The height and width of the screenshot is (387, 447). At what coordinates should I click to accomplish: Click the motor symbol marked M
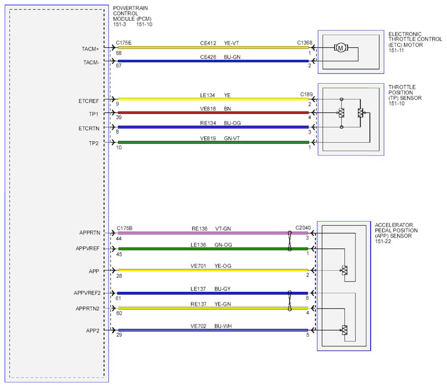(341, 48)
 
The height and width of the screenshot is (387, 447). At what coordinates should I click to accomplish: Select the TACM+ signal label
(90, 49)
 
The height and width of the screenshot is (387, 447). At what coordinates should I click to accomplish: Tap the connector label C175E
(124, 43)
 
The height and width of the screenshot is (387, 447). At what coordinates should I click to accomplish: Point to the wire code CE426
(208, 57)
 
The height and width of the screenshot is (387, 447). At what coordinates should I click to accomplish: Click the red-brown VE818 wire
(213, 113)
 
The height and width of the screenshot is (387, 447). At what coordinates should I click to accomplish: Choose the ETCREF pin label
(89, 101)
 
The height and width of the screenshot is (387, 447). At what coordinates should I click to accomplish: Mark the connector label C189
(306, 94)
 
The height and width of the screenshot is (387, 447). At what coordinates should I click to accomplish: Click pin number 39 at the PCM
(119, 117)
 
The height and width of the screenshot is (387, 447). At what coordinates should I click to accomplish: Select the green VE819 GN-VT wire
(213, 142)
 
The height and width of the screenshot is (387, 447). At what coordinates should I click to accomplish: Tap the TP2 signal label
(93, 143)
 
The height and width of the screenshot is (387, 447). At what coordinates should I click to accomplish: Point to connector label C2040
(303, 228)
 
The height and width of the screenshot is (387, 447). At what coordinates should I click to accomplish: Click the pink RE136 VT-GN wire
(213, 233)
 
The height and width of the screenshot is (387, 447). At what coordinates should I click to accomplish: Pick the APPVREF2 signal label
(87, 293)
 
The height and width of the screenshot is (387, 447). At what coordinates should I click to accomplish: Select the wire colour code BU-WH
(223, 326)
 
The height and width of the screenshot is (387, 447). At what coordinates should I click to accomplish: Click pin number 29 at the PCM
(119, 334)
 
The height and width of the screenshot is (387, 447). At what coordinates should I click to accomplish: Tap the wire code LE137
(198, 289)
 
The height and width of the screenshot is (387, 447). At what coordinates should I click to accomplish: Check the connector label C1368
(305, 43)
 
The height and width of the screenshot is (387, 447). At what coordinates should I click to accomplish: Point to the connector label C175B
(125, 228)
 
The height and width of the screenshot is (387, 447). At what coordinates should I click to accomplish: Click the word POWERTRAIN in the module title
(131, 8)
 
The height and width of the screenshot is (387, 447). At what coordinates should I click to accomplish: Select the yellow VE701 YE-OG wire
(213, 270)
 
